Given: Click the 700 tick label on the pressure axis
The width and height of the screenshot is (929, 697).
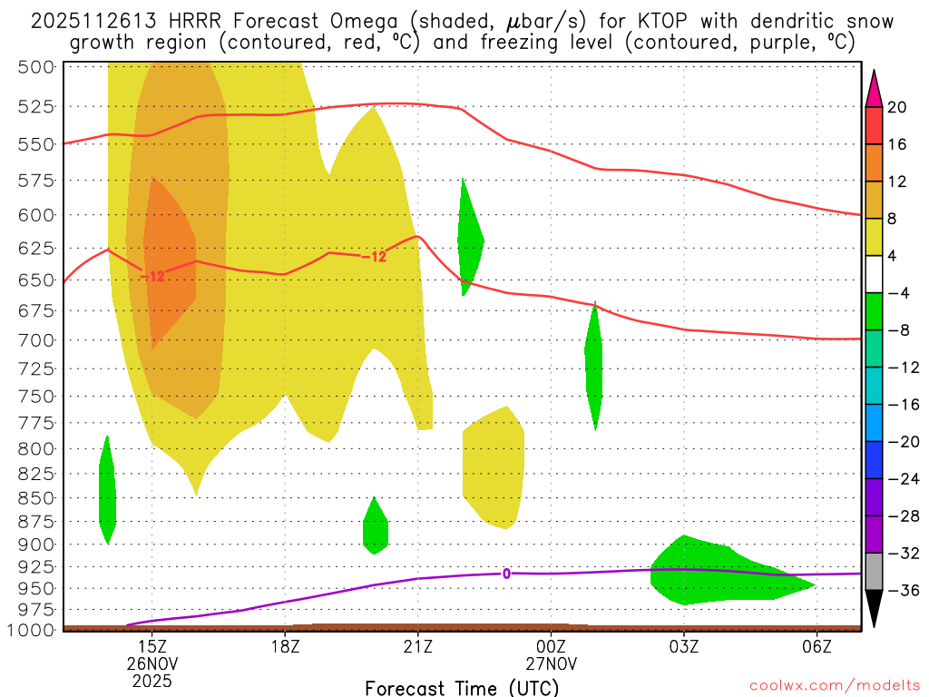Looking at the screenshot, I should click(37, 339).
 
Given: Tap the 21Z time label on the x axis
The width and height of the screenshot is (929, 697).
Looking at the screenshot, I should click(417, 645).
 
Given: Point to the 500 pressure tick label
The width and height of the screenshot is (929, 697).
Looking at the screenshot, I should click(37, 66).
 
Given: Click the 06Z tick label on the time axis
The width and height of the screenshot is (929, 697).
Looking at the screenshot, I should click(817, 645).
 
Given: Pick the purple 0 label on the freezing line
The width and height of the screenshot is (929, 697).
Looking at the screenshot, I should click(506, 573).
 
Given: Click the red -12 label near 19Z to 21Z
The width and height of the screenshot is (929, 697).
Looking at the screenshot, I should click(375, 257).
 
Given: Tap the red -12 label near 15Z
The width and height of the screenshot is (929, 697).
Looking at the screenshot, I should click(152, 276).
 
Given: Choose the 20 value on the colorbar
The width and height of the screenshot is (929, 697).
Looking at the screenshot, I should click(897, 107).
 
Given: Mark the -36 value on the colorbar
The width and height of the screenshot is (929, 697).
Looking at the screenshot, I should click(897, 591).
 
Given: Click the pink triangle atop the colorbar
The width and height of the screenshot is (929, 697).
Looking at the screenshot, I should click(875, 88).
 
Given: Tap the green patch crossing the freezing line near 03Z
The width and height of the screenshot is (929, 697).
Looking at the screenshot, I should click(717, 572).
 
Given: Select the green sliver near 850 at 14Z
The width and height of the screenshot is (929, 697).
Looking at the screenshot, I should click(107, 490).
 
